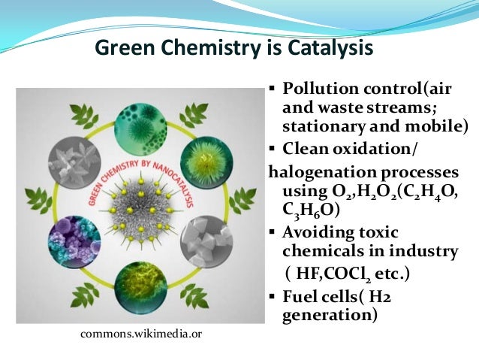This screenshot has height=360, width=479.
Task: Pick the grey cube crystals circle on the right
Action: pos(207,241)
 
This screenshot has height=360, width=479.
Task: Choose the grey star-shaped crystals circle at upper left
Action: pos(74,159)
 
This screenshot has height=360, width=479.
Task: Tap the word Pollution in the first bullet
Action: pos(316,89)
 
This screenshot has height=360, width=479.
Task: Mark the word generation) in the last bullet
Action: pos(329,316)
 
